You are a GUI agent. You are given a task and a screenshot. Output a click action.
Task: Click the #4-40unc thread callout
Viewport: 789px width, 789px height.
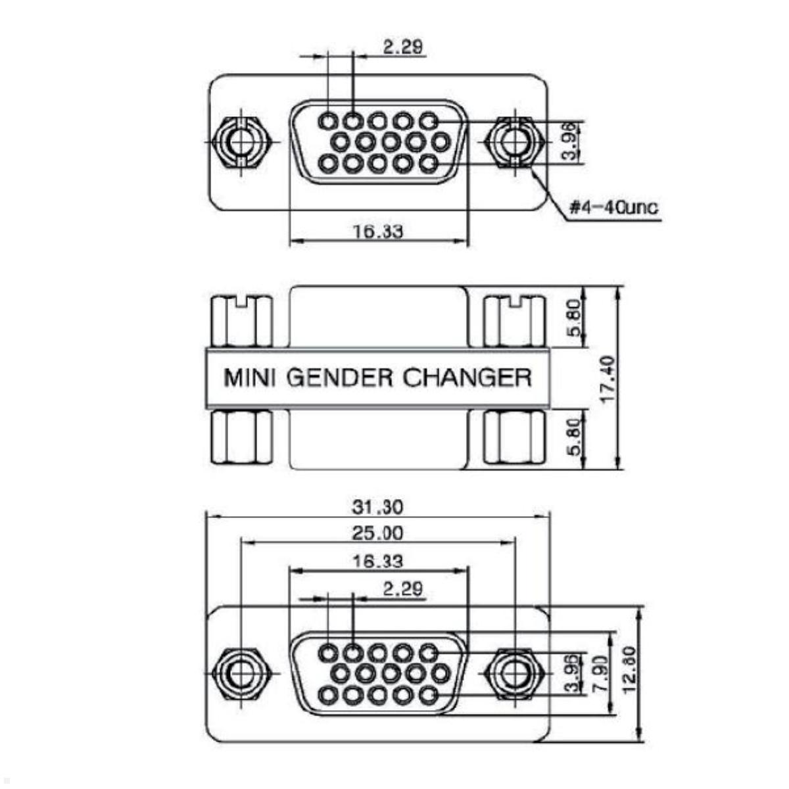point(613,208)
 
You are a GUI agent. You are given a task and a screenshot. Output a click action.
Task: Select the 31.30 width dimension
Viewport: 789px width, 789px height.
point(377,507)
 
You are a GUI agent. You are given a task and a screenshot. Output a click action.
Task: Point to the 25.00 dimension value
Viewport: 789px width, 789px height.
point(377,533)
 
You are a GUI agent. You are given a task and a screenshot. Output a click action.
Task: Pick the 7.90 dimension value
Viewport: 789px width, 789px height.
point(599,672)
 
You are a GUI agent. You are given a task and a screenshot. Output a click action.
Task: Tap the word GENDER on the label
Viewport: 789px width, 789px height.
point(341,378)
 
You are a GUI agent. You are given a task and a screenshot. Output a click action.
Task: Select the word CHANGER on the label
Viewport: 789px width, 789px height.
point(467,378)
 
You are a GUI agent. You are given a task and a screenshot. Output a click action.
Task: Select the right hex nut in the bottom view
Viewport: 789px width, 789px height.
point(513,674)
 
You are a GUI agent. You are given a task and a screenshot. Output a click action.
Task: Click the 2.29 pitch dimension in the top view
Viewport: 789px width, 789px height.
point(403,47)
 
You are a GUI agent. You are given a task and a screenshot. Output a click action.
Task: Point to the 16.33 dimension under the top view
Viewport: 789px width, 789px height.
point(377,231)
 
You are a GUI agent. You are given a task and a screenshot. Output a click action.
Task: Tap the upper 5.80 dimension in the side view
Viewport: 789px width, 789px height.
point(574,318)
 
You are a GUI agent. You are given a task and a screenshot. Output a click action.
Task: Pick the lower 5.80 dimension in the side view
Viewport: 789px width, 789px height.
point(574,437)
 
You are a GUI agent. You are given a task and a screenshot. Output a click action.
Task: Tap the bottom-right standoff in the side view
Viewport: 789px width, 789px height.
point(514,437)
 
